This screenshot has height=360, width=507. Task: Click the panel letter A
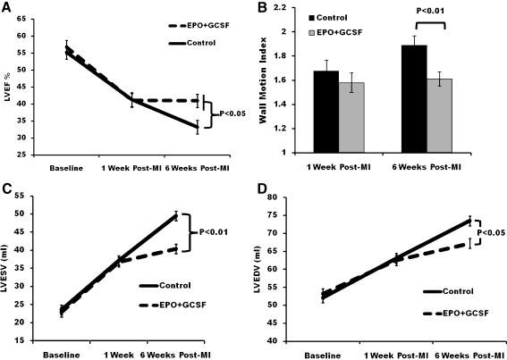(7, 8)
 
